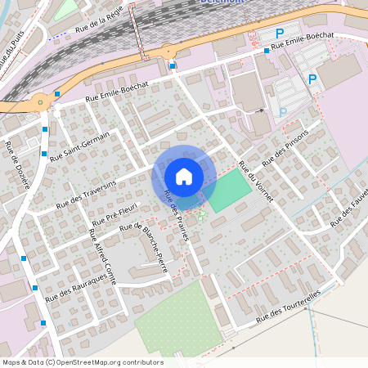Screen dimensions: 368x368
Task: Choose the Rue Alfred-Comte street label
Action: [102, 256]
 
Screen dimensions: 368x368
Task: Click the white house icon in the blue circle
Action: [184, 176]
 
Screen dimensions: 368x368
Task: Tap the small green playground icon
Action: [200, 214]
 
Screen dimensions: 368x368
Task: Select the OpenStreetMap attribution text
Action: [82, 362]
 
